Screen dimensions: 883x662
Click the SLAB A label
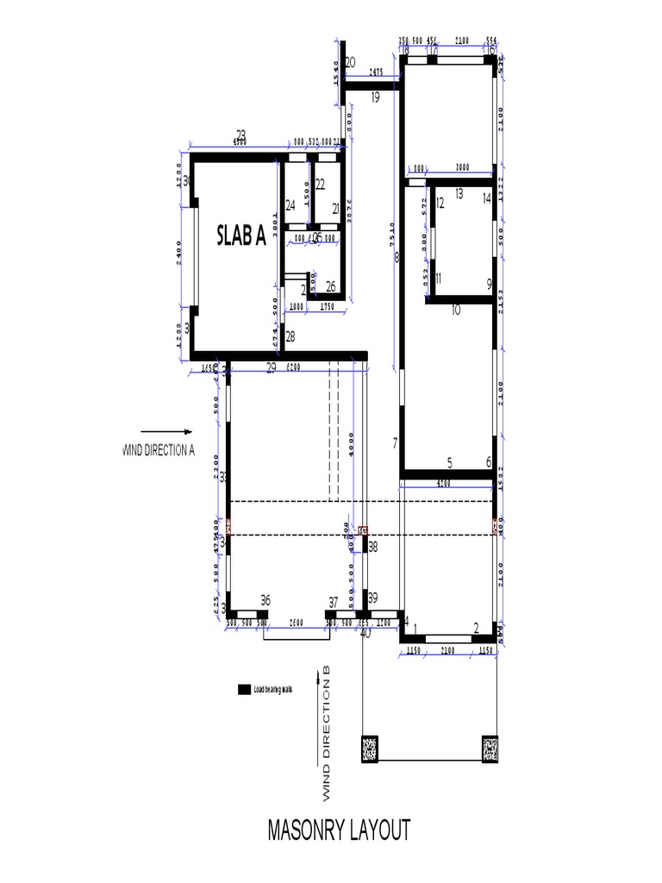click(x=240, y=235)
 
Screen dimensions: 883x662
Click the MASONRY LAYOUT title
click(x=339, y=830)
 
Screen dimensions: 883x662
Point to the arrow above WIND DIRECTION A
click(x=165, y=431)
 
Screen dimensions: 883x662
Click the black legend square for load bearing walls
click(x=242, y=689)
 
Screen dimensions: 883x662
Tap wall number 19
click(x=375, y=97)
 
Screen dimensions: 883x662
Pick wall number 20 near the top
click(x=350, y=62)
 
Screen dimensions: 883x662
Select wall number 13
click(x=459, y=193)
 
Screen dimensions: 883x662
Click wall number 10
click(x=456, y=309)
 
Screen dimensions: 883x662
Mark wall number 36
click(x=265, y=600)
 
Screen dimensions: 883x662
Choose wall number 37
click(x=334, y=602)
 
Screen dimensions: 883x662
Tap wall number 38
click(x=373, y=546)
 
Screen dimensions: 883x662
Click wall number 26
click(x=331, y=286)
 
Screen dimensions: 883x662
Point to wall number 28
click(x=290, y=336)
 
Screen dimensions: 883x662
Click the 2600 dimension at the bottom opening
click(x=296, y=623)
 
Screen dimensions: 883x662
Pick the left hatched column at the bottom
click(x=370, y=748)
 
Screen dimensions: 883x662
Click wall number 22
click(x=320, y=184)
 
